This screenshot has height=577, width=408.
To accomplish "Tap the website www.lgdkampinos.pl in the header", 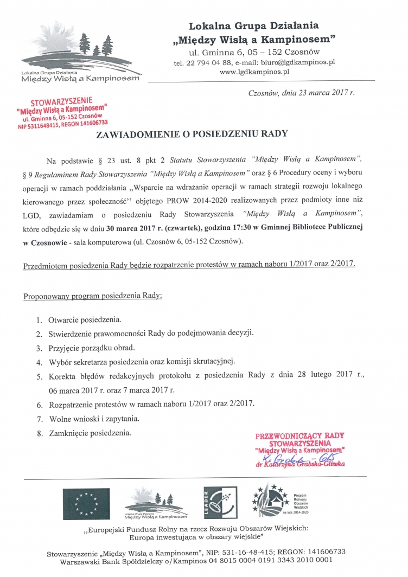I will coord(254,71).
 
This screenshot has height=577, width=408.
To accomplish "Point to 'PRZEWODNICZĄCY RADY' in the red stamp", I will coord(299,435).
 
